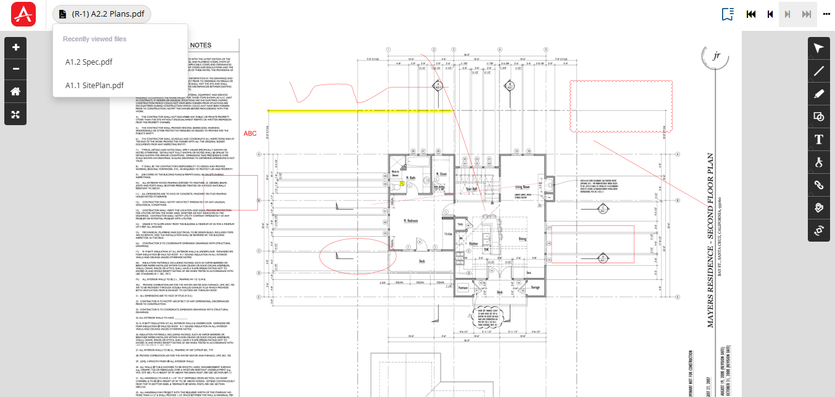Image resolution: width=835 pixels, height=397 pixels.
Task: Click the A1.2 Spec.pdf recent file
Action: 89,62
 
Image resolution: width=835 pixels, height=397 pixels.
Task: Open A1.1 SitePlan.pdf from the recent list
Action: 94,85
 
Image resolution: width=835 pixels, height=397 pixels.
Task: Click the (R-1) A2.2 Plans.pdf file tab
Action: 102,14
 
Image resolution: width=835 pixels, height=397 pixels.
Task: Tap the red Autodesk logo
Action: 23,14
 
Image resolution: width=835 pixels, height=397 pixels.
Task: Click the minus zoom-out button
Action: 16,68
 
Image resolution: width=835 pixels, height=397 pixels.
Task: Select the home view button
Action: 16,91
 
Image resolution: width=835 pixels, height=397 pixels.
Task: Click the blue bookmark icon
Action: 728,14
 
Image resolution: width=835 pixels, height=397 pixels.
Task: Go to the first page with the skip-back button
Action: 751,14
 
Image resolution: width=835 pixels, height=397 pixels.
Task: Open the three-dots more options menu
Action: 826,14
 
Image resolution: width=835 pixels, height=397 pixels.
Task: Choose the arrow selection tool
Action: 819,48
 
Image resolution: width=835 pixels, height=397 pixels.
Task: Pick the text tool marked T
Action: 819,139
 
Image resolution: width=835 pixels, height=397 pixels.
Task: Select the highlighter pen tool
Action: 819,94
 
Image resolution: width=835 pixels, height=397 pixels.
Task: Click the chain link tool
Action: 819,184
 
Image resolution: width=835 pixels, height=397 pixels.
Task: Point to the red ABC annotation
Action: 250,133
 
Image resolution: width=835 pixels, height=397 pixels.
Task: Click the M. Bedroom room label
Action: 411,220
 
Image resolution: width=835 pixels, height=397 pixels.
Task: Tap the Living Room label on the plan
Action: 523,186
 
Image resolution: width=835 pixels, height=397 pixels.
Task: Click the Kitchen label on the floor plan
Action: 473,244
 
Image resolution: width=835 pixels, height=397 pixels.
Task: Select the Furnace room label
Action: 463,287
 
